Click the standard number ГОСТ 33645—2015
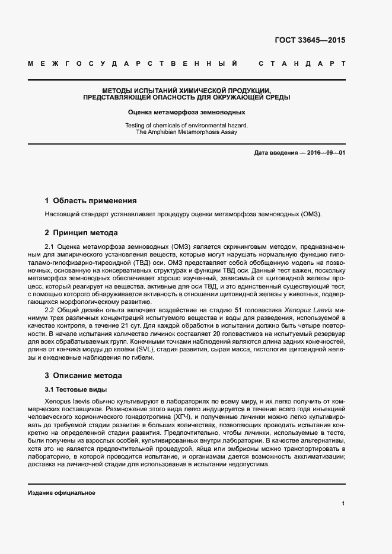310,41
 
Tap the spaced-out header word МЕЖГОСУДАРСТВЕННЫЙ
133,63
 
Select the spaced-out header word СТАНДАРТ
302,63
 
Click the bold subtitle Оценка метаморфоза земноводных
187,111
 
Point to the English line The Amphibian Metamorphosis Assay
187,132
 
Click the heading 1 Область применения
91,200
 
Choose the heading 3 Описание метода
84,375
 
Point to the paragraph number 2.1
50,245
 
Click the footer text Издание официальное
62,492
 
